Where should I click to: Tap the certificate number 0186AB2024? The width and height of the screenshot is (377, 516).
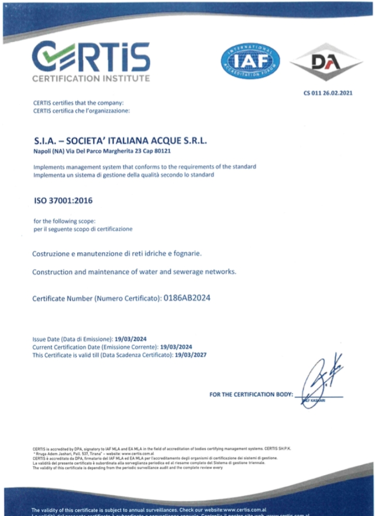187,298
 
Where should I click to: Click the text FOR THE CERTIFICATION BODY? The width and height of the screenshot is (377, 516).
251,395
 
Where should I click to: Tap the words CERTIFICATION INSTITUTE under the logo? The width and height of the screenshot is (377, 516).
91,79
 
